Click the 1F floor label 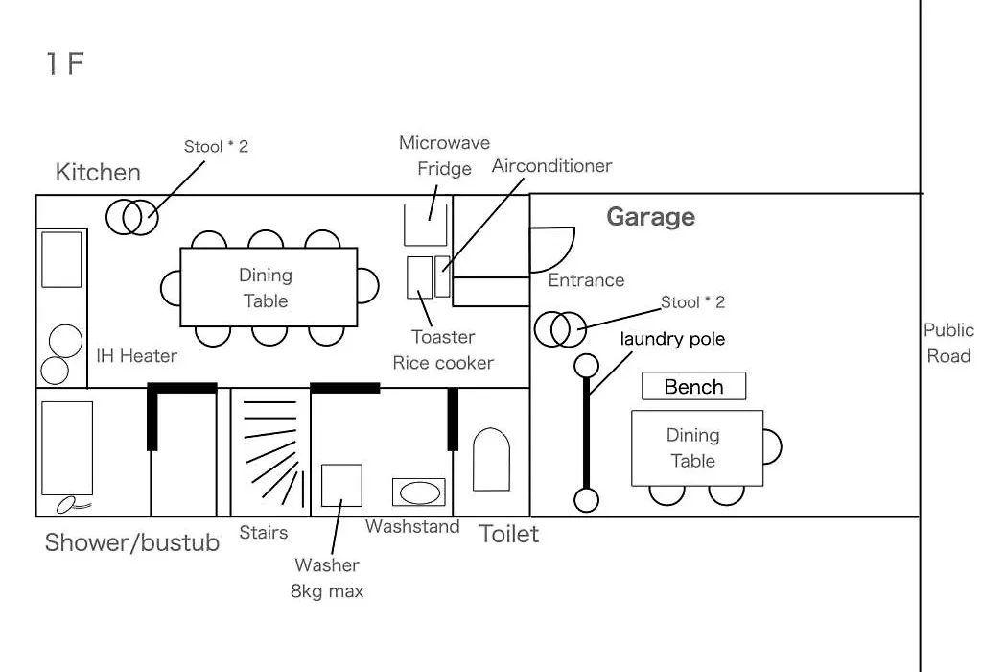[x=65, y=63]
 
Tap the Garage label [x=651, y=217]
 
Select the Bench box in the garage [x=694, y=386]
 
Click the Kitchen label [x=98, y=173]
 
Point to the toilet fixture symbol [x=491, y=460]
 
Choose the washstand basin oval [x=420, y=492]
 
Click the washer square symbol [x=341, y=485]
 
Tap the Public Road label [x=948, y=343]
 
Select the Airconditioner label [x=551, y=166]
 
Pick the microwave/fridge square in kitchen [x=425, y=225]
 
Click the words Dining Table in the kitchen [x=267, y=288]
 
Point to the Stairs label [x=264, y=533]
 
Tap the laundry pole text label [x=672, y=339]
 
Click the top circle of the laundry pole [x=586, y=366]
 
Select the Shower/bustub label [x=132, y=542]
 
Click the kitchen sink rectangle [x=61, y=259]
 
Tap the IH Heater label [x=136, y=356]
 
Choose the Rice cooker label [x=443, y=363]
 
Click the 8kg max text [x=327, y=591]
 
